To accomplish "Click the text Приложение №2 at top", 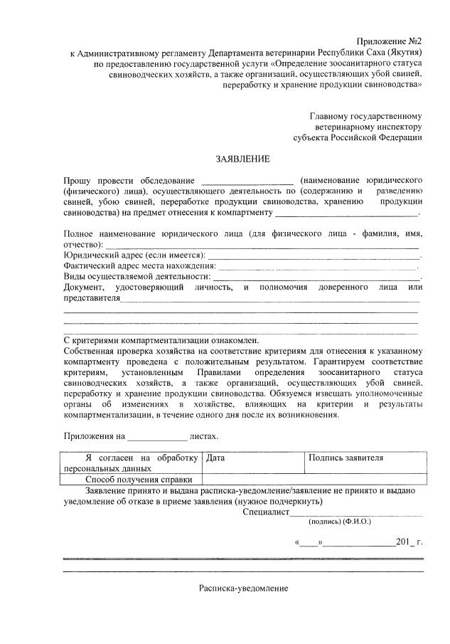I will tap(390, 42).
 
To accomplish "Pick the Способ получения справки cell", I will tap(132, 480).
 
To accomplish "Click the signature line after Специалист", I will tap(356, 512).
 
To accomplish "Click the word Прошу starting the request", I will tap(77, 179).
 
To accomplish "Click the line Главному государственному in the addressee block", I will tap(366, 115).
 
